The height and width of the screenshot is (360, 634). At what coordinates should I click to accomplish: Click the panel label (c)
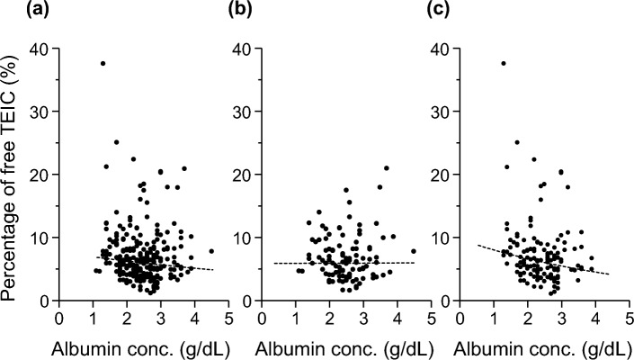449,12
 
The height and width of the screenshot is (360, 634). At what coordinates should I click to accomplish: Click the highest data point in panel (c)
503,63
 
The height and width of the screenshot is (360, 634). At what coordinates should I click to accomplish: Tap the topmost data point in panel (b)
387,168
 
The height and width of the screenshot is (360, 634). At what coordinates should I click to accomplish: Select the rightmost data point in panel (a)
211,251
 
